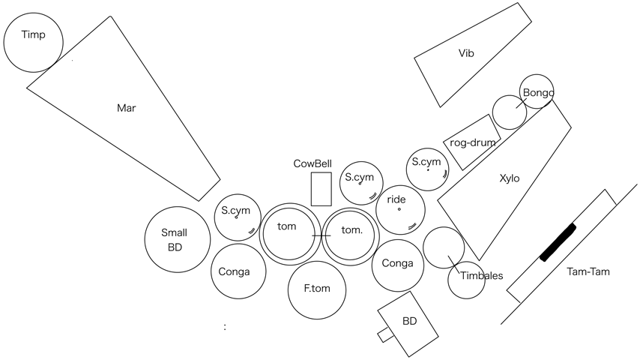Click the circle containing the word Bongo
tap(537, 91)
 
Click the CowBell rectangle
tap(321, 189)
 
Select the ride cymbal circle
tap(399, 209)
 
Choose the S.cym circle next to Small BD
tap(238, 217)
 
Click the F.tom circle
tap(317, 289)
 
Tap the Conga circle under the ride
tap(398, 264)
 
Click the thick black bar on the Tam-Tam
tap(558, 241)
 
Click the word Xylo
tap(509, 178)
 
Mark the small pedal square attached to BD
tap(386, 334)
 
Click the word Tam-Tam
tap(588, 271)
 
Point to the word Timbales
tap(481, 275)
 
